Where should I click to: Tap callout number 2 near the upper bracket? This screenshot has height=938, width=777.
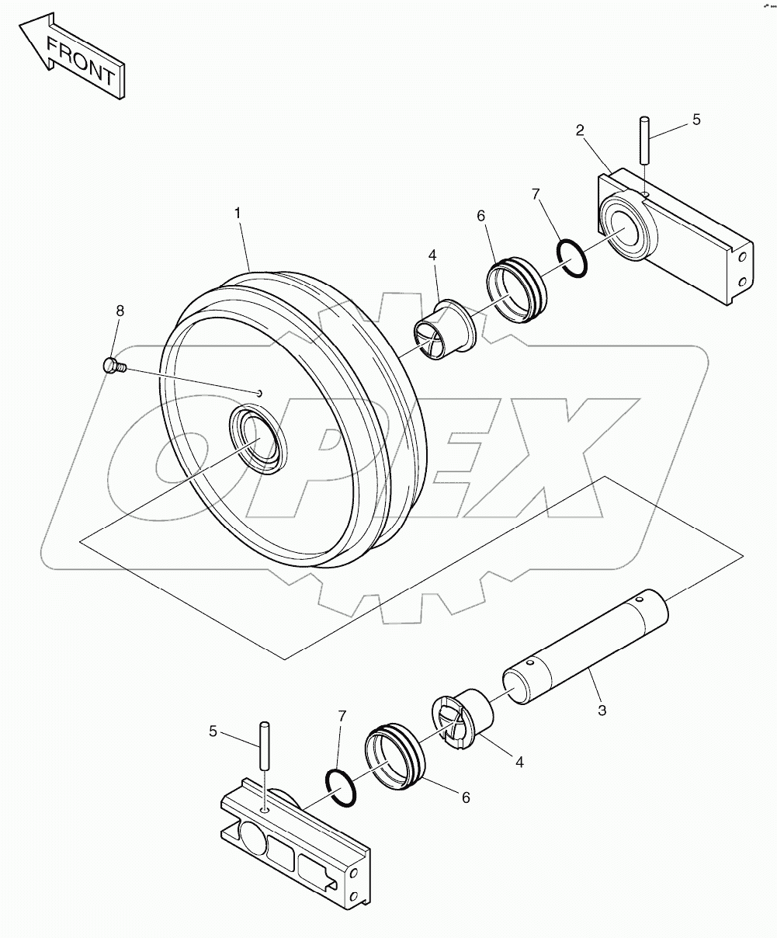coord(581,131)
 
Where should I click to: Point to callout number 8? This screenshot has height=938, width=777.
coord(120,311)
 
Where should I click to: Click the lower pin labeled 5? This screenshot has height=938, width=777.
coord(265,745)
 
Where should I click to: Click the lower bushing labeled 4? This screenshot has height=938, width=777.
coord(463,719)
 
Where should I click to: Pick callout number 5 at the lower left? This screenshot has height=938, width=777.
coord(213,730)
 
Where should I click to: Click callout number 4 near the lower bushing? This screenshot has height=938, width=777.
coord(519,762)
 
